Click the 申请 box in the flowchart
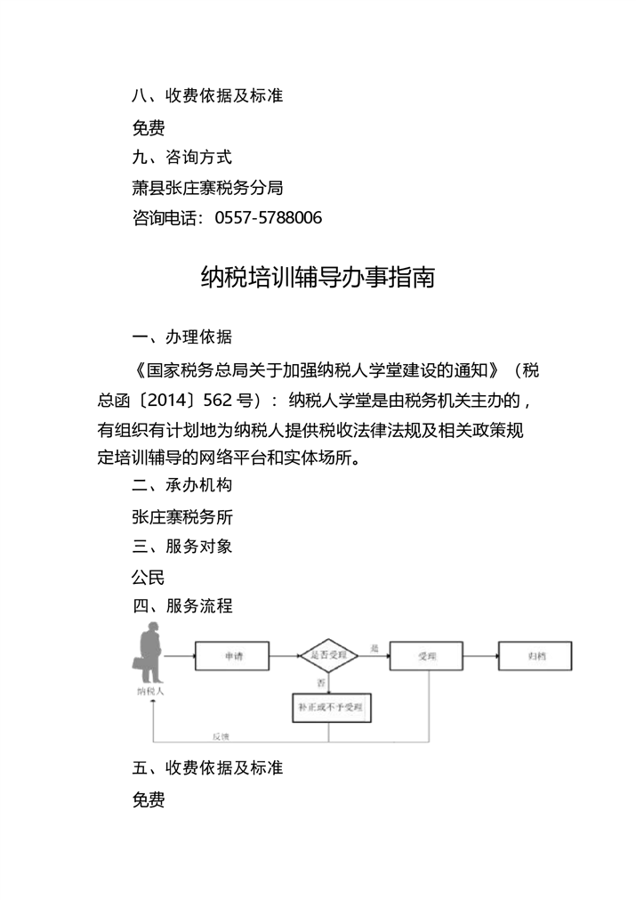pos(233,657)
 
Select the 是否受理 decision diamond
pos(328,656)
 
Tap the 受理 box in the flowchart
pos(427,657)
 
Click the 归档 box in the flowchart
pos(535,657)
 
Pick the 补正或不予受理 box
pos(330,709)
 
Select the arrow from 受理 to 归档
pos(479,657)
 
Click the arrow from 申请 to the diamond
pos(284,657)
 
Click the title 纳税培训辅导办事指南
pos(318,277)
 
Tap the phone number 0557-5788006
pos(269,217)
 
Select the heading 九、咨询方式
pos(181,157)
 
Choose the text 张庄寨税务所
pos(182,516)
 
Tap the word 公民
pos(149,577)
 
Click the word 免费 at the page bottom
pos(149,799)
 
